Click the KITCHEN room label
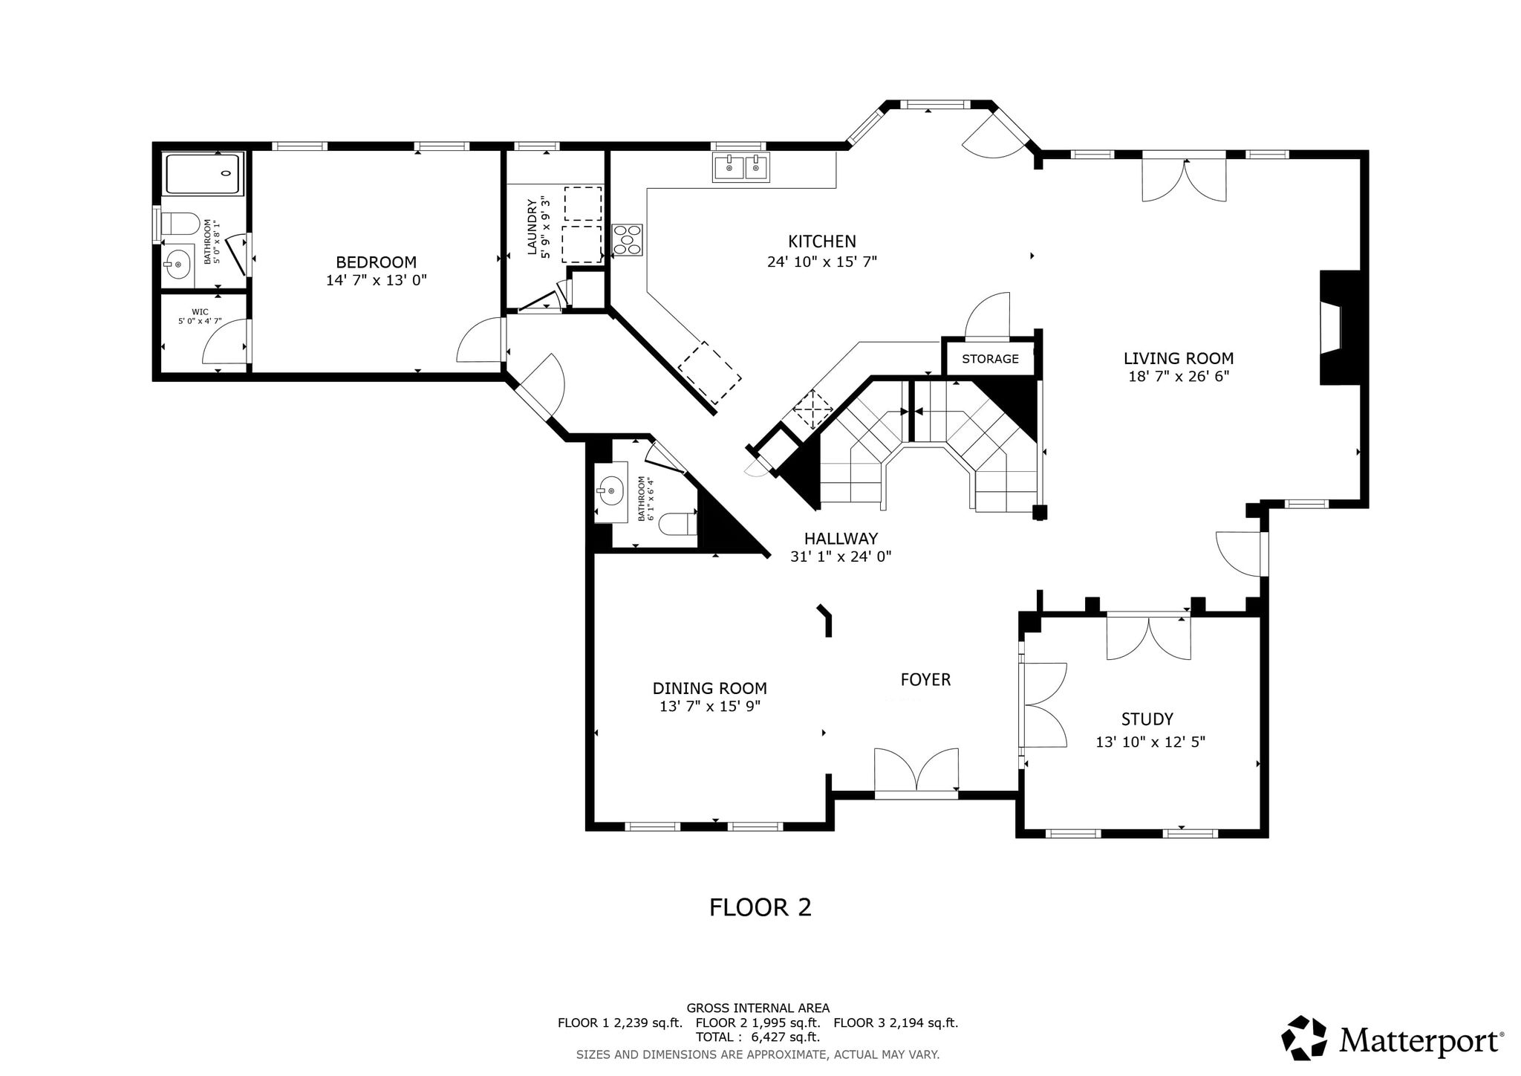point(821,242)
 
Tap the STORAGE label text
point(990,359)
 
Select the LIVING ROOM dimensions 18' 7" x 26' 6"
point(1179,377)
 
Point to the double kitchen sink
point(741,167)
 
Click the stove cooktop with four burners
point(628,240)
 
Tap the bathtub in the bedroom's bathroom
point(203,174)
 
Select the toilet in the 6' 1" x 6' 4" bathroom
point(678,524)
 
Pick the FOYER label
point(925,679)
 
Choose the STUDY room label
point(1147,719)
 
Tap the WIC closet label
point(200,311)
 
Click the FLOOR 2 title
point(760,907)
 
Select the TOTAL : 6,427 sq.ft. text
point(758,1037)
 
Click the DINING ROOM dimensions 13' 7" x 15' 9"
point(710,706)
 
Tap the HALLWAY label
point(841,538)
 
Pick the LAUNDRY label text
point(532,227)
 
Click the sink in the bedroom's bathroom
point(178,262)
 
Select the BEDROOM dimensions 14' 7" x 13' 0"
point(377,280)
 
